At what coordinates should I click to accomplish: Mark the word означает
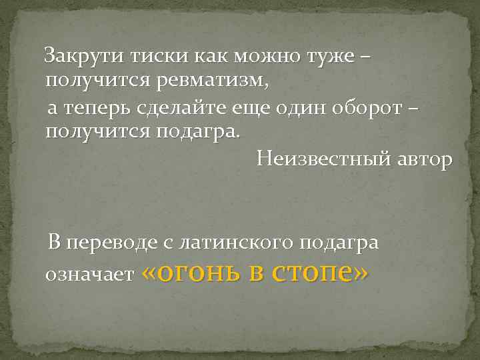click(x=89, y=274)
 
